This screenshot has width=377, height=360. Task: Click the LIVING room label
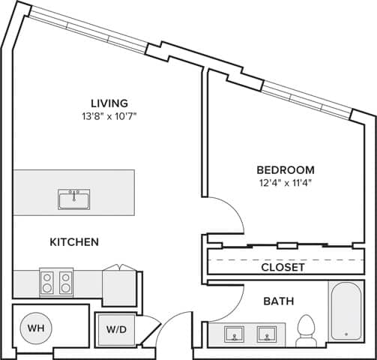click(109, 103)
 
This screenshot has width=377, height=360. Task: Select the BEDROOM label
click(285, 170)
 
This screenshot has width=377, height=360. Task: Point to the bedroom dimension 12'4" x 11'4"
click(285, 183)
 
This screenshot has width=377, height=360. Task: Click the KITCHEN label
click(74, 242)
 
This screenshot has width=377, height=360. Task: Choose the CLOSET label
click(283, 267)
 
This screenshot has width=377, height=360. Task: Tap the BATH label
click(278, 301)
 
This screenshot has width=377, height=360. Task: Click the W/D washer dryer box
click(116, 329)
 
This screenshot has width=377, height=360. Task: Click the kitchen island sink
click(73, 199)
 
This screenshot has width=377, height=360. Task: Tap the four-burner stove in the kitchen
click(56, 282)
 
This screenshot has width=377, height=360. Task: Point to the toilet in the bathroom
click(306, 330)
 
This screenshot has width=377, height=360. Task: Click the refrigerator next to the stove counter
click(119, 286)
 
